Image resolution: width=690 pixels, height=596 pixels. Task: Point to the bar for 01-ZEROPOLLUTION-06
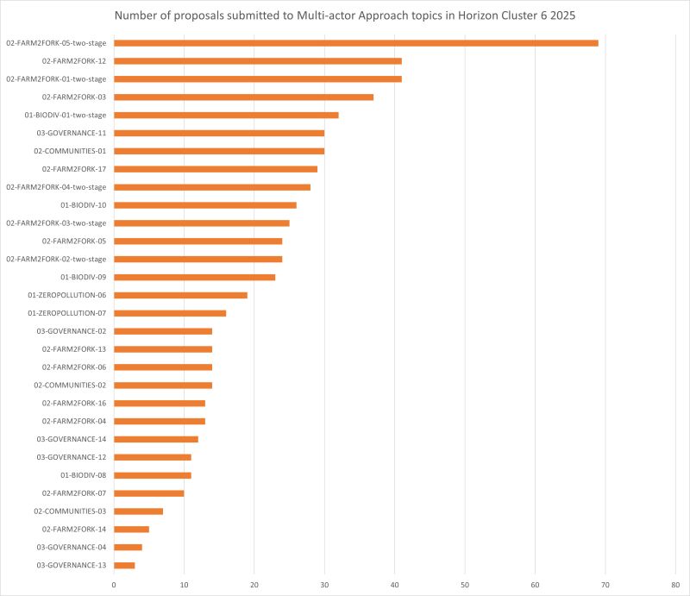[180, 295]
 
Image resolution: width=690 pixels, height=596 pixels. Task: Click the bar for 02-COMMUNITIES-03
[138, 511]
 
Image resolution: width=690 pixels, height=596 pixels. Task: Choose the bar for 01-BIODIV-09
[194, 277]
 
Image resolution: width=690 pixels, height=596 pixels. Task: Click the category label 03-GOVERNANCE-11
[72, 133]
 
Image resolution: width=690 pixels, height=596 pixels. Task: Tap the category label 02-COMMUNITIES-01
[70, 151]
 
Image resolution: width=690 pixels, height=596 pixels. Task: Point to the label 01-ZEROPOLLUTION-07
[67, 313]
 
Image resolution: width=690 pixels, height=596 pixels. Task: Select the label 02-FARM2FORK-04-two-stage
[56, 187]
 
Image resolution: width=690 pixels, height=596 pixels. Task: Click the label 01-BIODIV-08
[84, 475]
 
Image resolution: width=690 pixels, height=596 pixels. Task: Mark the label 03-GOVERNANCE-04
[72, 547]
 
